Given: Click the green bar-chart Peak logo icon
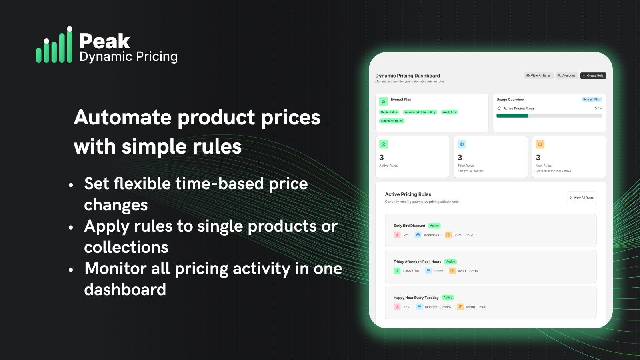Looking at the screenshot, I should pos(54,46).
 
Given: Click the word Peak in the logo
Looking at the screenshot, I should pos(104,41).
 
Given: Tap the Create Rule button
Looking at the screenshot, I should pos(593,76).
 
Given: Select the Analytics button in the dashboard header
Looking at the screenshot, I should pos(566,76).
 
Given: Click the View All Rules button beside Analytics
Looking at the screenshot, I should pos(538,76).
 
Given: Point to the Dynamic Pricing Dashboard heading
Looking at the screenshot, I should pos(407,76).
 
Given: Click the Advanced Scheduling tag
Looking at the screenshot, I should pos(420,112).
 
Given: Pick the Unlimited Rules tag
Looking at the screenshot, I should pos(392,121).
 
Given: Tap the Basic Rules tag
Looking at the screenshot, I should pos(389,112).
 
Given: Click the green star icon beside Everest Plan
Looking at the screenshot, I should pos(384,102).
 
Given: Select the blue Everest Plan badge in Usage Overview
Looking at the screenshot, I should pos(592,100).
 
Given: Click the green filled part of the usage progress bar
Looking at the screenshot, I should pos(512,116).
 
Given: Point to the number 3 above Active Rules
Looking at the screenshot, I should pos(382,158).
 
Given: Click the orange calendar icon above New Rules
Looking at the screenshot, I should pos(540,144).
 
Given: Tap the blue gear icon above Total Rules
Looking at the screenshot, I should pos(462,144).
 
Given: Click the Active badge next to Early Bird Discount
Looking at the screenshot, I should pos(434,226).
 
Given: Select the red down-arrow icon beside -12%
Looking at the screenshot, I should pos(397,307).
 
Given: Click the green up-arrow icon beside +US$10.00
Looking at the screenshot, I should pos(397,271).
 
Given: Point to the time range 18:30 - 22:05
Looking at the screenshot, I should pos(468,271).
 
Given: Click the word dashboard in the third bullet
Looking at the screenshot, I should pos(125,290).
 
